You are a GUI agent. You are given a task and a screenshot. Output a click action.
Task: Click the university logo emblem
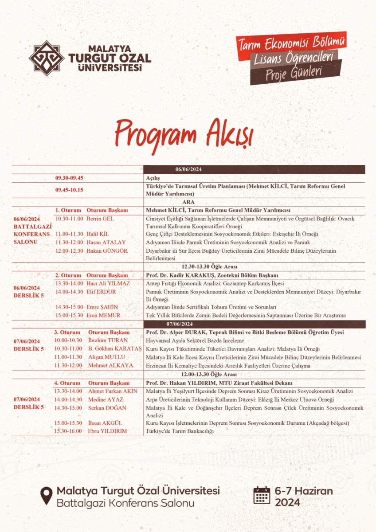[46, 58]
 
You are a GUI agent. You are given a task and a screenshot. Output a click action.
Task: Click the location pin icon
[46, 496]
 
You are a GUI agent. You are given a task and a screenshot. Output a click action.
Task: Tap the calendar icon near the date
[262, 495]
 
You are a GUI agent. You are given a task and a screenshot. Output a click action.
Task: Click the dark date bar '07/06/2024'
[254, 324]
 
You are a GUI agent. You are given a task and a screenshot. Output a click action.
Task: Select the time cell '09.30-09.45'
[70, 178]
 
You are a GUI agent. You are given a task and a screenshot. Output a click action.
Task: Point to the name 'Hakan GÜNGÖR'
[107, 250]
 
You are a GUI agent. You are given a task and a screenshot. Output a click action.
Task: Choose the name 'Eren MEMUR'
[103, 315]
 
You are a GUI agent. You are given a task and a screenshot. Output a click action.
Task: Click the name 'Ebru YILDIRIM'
[107, 431]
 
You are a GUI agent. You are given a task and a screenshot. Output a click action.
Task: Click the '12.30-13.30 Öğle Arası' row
[210, 267]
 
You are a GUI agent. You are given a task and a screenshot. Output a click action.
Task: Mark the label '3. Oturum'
[67, 332]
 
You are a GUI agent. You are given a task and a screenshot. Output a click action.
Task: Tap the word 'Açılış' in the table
[153, 178]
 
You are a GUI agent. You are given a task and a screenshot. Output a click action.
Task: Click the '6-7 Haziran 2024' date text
[303, 497]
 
